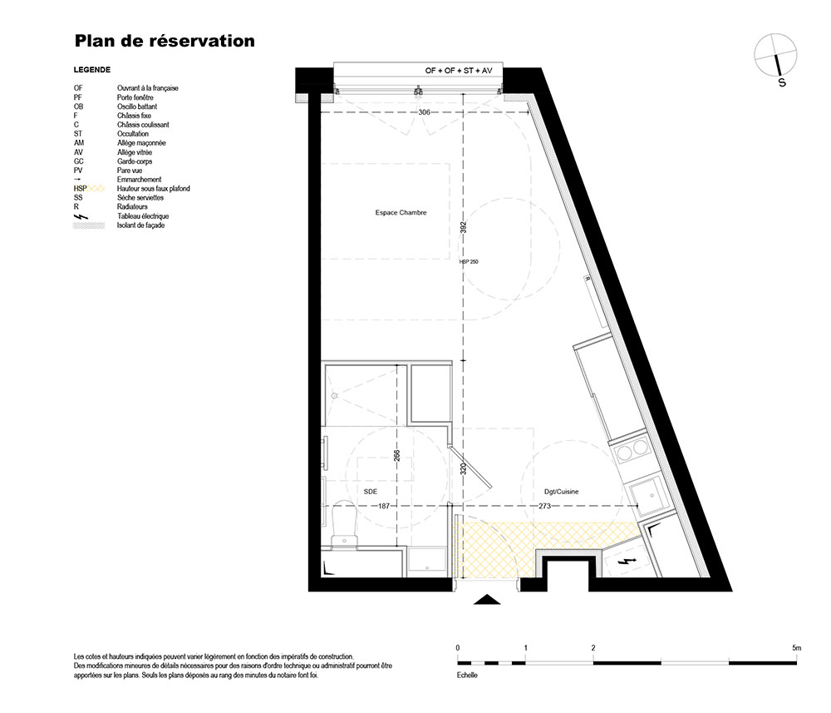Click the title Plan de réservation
165,41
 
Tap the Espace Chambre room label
401,213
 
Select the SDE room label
371,492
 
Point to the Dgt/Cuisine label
561,492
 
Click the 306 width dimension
424,112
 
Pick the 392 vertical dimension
463,227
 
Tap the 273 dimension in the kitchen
545,506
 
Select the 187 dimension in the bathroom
384,506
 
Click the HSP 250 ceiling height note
469,261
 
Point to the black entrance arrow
487,600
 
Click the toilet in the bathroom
344,524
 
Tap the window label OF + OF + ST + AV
459,71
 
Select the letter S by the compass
782,82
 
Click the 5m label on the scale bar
797,648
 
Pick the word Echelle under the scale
467,676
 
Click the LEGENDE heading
92,70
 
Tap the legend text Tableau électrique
143,216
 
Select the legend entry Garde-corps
135,161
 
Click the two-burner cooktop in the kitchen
632,451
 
